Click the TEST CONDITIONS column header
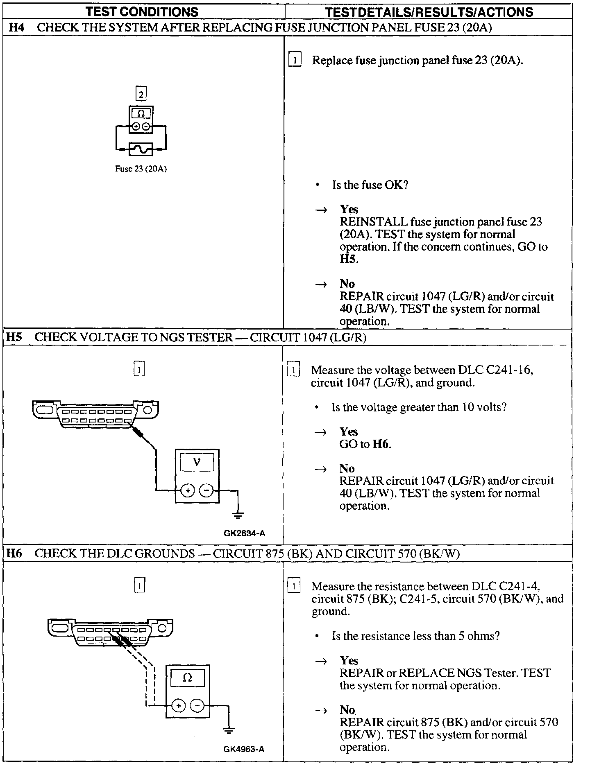(142, 11)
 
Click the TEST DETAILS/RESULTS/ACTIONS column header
(429, 11)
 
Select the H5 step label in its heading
(15, 337)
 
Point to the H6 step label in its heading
(15, 553)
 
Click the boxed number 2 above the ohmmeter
(141, 95)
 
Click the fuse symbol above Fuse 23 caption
(141, 149)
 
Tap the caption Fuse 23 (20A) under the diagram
(141, 169)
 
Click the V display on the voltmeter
(197, 463)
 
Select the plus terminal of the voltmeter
(188, 490)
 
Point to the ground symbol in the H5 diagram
(238, 515)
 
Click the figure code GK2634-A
(244, 533)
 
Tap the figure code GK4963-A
(244, 749)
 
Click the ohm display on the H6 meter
(187, 678)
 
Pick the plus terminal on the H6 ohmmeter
(178, 705)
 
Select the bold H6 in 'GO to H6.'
(381, 444)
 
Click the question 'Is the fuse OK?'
(370, 185)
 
